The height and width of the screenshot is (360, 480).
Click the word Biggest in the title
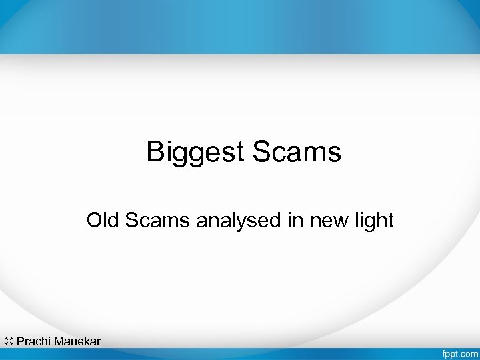click(x=197, y=152)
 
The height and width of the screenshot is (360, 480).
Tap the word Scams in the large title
click(x=297, y=152)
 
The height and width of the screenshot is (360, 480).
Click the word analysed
click(x=239, y=221)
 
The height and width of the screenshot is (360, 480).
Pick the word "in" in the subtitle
click(x=294, y=220)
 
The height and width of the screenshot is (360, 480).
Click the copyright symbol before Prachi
click(x=9, y=341)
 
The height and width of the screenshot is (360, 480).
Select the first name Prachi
click(x=34, y=341)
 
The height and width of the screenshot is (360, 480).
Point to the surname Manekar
click(x=77, y=341)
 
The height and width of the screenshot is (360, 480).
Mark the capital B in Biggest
click(x=155, y=152)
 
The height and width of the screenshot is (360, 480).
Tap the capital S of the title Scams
click(x=261, y=152)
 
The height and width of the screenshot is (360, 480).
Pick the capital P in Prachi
click(x=21, y=341)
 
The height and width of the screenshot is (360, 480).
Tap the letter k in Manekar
click(x=85, y=341)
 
